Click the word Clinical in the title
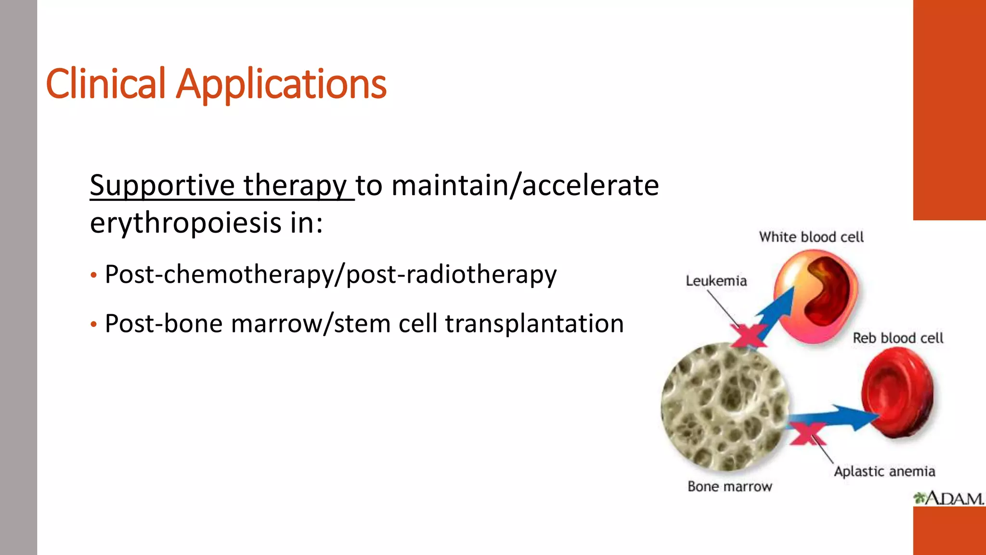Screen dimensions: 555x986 [106, 84]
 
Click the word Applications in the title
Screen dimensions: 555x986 [281, 86]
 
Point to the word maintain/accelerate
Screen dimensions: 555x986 [525, 186]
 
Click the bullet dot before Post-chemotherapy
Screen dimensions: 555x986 [94, 276]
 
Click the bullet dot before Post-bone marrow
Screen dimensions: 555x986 [94, 325]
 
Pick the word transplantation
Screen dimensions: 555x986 [534, 324]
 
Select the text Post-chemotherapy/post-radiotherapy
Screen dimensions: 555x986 [330, 275]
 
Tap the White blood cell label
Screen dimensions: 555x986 [811, 237]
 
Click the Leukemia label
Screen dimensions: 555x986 [716, 281]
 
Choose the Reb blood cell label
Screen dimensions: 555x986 [898, 338]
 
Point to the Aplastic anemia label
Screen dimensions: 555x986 [884, 471]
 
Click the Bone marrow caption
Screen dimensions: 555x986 [729, 487]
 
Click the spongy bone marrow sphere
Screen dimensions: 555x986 [725, 407]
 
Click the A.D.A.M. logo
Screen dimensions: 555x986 [948, 498]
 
